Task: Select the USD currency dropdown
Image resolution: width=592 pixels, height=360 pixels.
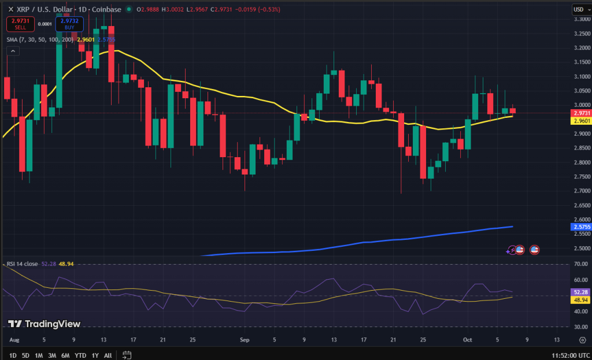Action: tap(579, 9)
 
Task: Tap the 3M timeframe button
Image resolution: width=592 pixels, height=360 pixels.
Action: tap(52, 354)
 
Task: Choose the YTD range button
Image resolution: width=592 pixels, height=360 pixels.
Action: tap(80, 354)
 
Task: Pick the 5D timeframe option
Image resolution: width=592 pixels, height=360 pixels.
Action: tap(25, 354)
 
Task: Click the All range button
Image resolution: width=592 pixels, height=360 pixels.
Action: tap(108, 354)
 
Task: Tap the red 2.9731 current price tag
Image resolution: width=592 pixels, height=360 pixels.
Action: tap(580, 113)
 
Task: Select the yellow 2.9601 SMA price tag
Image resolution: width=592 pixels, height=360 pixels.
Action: tap(580, 121)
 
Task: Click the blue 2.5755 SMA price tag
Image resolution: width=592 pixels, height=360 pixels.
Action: tap(580, 227)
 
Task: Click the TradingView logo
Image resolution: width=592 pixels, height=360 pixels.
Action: tap(45, 324)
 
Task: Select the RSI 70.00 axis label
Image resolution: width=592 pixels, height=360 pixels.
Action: tap(580, 264)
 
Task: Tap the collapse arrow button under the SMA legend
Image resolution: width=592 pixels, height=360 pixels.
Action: tap(13, 51)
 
